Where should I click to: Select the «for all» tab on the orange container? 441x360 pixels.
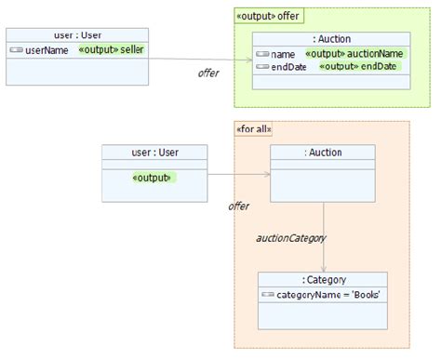coord(256,128)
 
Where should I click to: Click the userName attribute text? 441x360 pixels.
coord(47,50)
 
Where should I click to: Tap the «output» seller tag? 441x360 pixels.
coord(112,49)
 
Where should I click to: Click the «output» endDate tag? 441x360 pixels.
coord(357,67)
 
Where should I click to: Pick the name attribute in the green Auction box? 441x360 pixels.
coord(283,54)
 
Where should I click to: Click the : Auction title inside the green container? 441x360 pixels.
coord(330,39)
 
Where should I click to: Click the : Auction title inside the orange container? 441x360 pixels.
coord(322,152)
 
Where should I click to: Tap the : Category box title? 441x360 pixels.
coord(323,279)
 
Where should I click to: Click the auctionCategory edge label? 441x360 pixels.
coord(291,238)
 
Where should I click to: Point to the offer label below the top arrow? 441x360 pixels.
coord(208,73)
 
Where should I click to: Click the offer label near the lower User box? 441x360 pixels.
coord(238,206)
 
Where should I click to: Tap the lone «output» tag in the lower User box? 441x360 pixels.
coord(153,177)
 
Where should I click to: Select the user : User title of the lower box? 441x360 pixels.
coord(154,152)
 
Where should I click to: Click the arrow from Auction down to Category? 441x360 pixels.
coord(323,236)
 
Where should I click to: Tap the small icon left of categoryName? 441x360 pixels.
coord(268,294)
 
